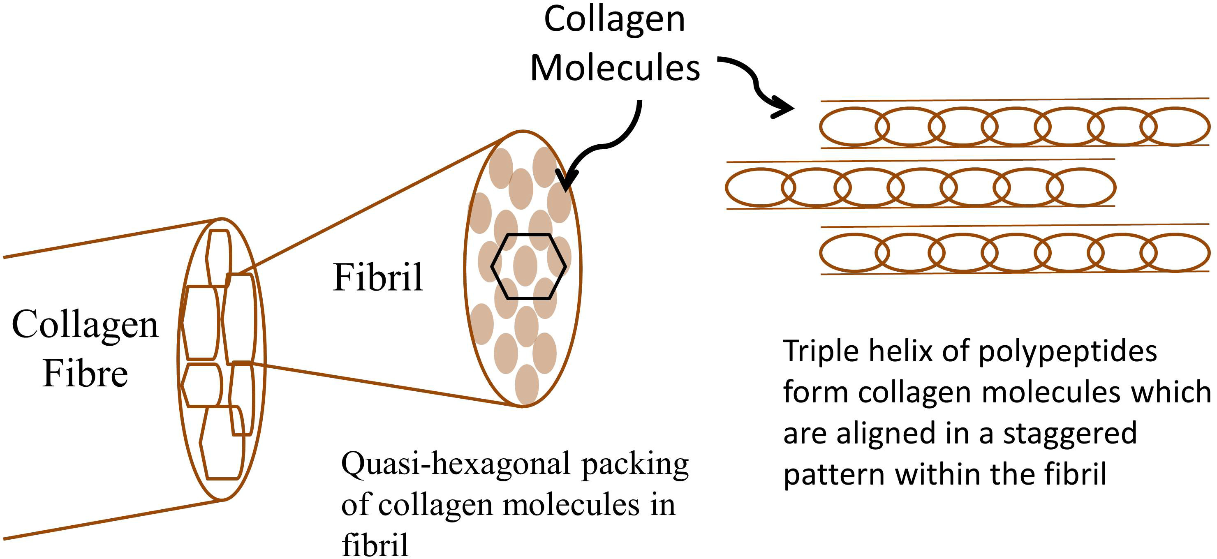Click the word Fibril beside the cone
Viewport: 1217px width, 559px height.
pyautogui.click(x=377, y=277)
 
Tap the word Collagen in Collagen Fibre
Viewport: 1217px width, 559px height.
pyautogui.click(x=85, y=326)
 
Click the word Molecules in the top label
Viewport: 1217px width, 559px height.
pyautogui.click(x=615, y=69)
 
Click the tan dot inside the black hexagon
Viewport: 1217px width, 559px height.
pyautogui.click(x=525, y=266)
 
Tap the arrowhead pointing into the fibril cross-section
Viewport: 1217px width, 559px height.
pyautogui.click(x=566, y=182)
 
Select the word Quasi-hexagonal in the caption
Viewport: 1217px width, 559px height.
pyautogui.click(x=456, y=465)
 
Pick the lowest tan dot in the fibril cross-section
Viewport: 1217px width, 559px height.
pyautogui.click(x=526, y=384)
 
